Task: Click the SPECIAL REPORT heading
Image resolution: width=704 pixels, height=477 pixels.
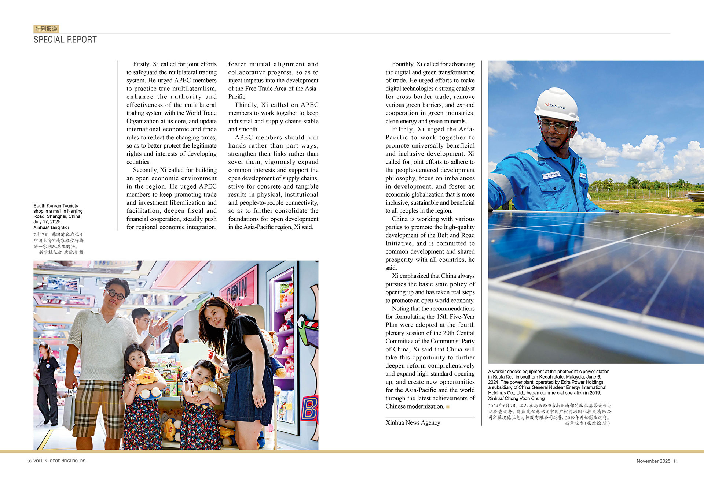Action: point(65,40)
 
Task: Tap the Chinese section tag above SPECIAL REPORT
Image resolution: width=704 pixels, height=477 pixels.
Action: point(46,29)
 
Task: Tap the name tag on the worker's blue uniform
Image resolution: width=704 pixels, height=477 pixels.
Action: point(551,175)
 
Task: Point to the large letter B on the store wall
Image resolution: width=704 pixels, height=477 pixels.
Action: point(309,409)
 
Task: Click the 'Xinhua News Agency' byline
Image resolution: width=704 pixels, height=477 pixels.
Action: point(412,422)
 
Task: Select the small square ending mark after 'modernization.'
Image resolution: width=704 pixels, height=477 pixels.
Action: point(448,407)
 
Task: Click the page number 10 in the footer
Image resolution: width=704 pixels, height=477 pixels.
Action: point(29,461)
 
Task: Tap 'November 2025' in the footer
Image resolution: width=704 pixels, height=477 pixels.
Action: point(653,461)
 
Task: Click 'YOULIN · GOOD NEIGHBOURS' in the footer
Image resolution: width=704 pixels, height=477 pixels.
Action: point(59,461)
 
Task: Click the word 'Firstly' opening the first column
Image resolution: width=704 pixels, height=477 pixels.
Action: point(141,64)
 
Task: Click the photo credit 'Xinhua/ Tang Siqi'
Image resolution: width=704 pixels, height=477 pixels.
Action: point(51,227)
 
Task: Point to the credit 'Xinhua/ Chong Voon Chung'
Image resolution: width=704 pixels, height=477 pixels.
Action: point(516,398)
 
